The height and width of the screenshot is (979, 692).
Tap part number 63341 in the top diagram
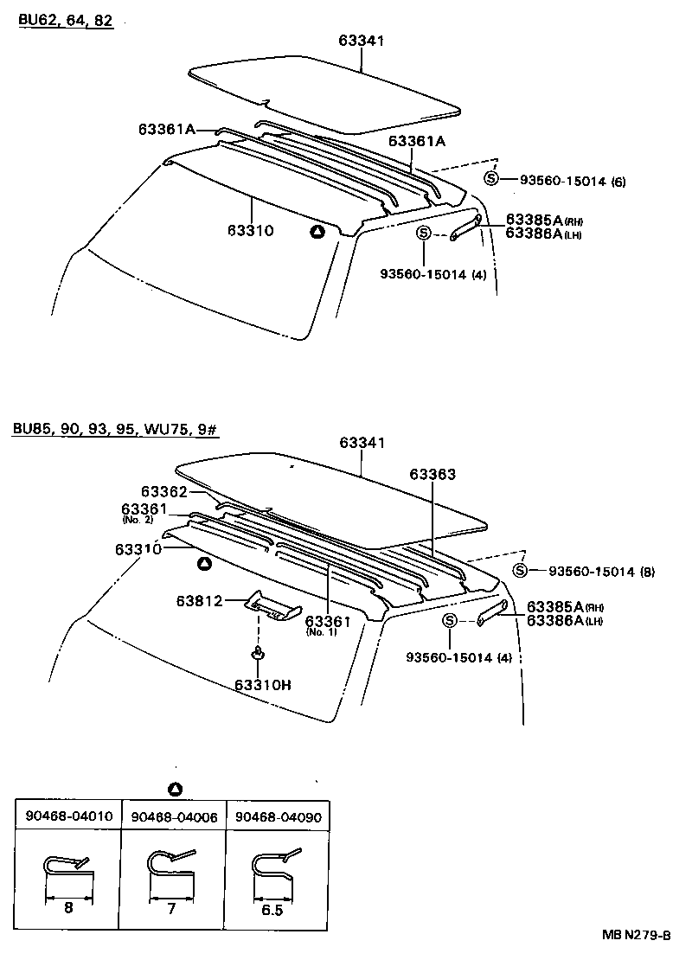click(361, 41)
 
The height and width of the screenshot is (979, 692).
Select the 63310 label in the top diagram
click(251, 230)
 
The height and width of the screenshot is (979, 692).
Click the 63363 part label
click(432, 475)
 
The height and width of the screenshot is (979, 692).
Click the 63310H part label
click(262, 685)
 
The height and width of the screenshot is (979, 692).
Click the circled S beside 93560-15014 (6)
click(491, 179)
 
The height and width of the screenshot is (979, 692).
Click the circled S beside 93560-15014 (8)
click(519, 570)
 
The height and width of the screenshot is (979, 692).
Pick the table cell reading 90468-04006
click(173, 816)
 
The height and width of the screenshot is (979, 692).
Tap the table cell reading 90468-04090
click(279, 816)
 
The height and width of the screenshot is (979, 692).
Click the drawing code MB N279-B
click(637, 936)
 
